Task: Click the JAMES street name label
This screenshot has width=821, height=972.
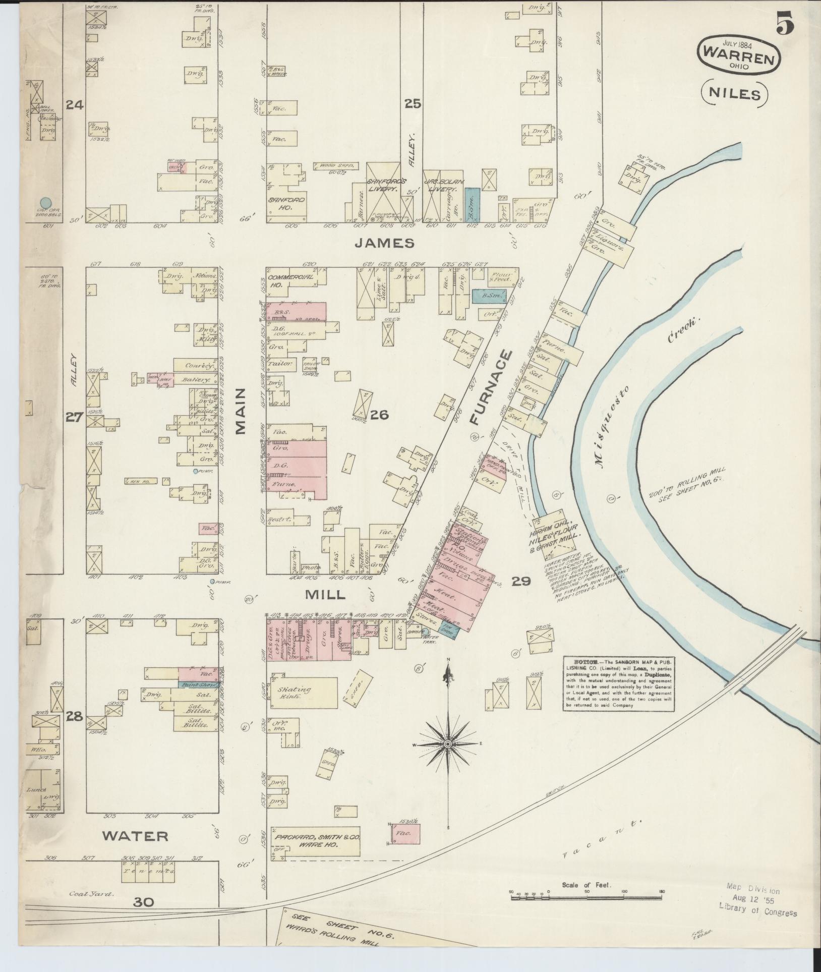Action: click(x=391, y=243)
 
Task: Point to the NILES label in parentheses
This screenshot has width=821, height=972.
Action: click(x=734, y=94)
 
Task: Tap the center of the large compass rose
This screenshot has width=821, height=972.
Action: click(x=447, y=745)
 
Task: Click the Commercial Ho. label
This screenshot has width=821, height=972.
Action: click(x=290, y=281)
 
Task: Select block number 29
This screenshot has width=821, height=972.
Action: click(x=520, y=582)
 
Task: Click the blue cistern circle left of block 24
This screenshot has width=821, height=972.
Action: click(x=46, y=203)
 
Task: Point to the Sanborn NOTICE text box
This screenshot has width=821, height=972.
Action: click(x=619, y=683)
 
